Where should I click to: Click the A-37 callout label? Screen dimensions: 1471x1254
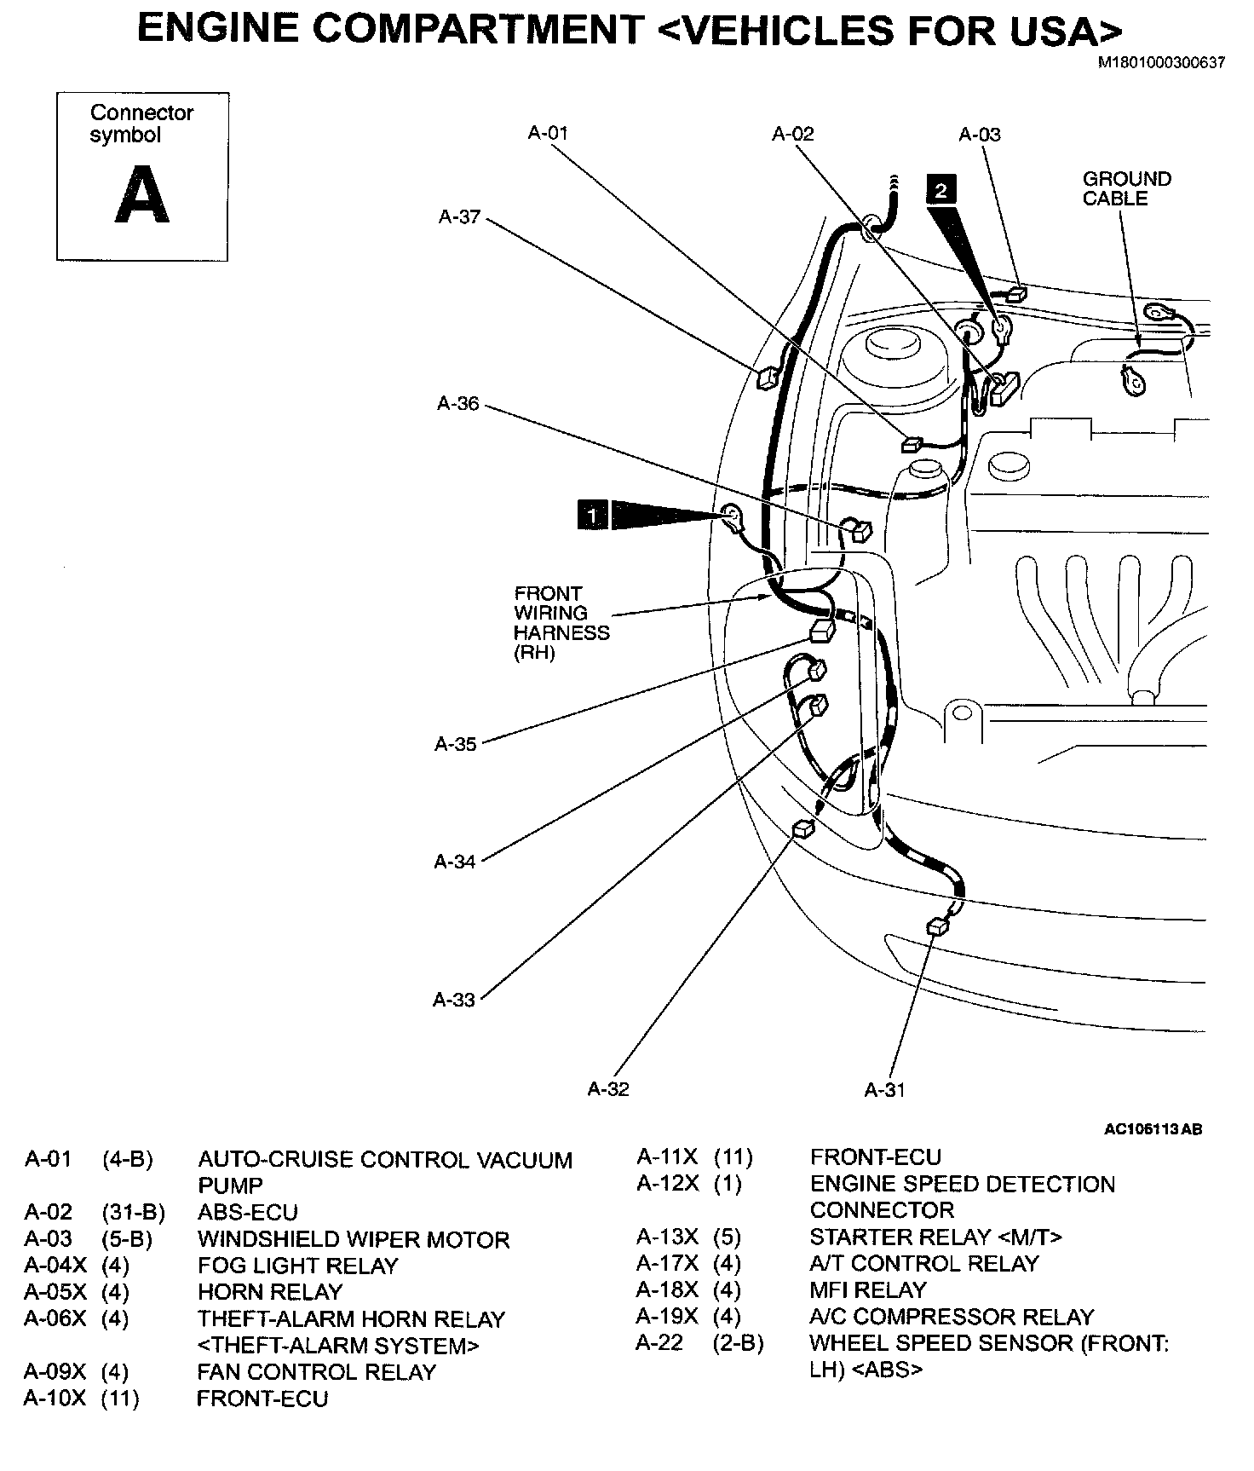click(460, 216)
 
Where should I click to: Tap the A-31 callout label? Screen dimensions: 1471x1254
click(884, 1089)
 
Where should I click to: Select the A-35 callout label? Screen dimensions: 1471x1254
click(456, 744)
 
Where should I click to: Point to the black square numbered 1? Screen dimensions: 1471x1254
click(592, 515)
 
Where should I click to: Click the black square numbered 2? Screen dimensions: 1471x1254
click(940, 189)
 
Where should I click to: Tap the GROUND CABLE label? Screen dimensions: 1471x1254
click(1126, 188)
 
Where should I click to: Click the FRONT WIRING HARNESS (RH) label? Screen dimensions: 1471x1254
click(561, 623)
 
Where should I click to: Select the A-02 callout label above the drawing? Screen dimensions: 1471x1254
click(793, 134)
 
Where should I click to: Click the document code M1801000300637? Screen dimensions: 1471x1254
click(1160, 62)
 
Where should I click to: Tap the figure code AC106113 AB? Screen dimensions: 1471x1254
click(1153, 1129)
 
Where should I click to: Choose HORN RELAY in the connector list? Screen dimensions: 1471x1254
click(270, 1291)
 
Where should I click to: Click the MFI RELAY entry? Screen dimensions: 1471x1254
click(867, 1289)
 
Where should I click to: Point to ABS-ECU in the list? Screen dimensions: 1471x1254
click(248, 1212)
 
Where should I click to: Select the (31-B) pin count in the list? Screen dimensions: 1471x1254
click(133, 1212)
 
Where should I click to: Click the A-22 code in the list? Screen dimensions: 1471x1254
click(659, 1342)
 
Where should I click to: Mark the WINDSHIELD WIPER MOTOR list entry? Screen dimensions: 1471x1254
click(354, 1239)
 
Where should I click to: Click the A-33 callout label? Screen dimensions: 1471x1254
click(454, 1000)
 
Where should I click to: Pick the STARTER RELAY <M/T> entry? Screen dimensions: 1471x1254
click(935, 1237)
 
